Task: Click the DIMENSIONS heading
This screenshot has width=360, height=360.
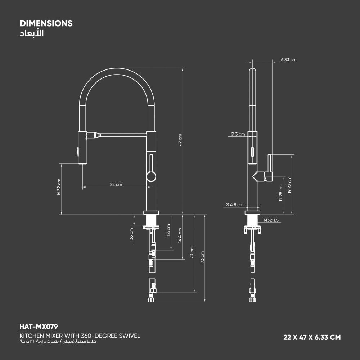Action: pos(46,23)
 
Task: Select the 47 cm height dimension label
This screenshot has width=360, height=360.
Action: pos(180,140)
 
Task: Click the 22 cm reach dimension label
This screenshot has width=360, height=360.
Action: pos(116,184)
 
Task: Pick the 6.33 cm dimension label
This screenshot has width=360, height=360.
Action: pos(289,60)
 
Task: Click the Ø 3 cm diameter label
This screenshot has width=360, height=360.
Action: pos(238,134)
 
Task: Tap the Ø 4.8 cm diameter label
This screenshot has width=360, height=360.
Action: pos(234,205)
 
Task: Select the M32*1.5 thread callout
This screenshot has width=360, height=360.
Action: pos(271,220)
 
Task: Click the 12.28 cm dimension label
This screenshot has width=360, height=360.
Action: pos(280,193)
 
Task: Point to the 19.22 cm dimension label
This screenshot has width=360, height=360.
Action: pos(290,185)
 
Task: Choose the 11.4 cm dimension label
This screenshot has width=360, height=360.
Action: pos(168,231)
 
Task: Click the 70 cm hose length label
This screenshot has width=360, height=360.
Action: pos(192,252)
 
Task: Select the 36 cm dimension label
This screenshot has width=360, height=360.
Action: pos(132,234)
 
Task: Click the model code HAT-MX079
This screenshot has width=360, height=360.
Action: pos(39,327)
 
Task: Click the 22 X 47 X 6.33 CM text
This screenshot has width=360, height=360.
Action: pos(312,337)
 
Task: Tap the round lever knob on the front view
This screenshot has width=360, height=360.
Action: pos(151,176)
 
